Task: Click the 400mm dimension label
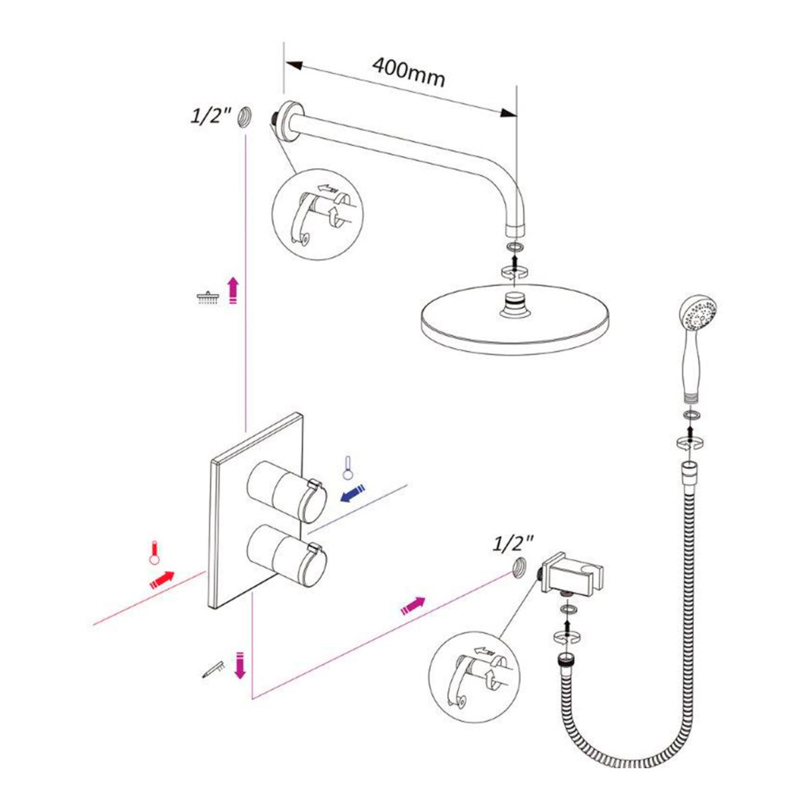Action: (408, 72)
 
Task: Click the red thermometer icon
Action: (156, 554)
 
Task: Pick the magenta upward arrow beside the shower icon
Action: (233, 290)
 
